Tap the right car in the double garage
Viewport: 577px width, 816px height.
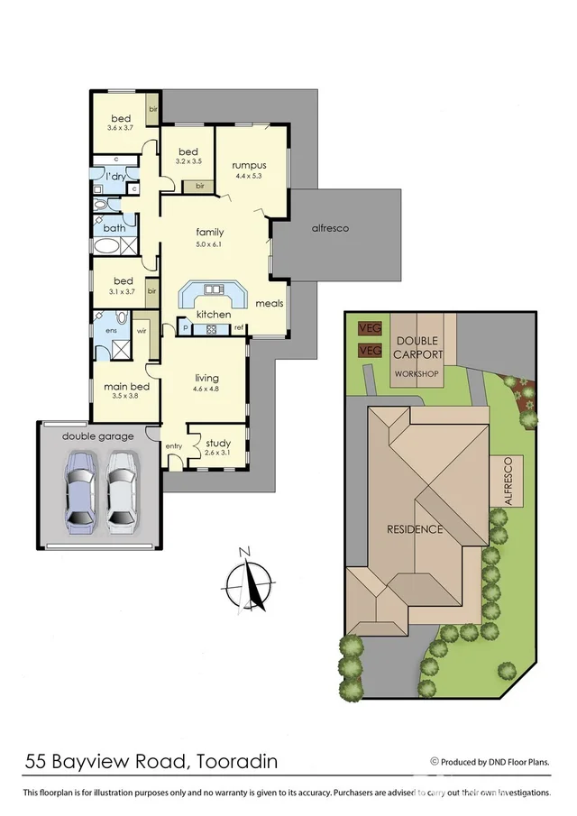(121, 490)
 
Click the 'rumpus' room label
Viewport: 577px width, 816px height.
(248, 165)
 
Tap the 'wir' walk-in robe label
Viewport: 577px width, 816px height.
(142, 332)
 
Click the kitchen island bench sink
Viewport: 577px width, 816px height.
(213, 289)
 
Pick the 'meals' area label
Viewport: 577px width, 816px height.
(269, 303)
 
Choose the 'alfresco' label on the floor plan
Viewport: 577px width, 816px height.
(330, 228)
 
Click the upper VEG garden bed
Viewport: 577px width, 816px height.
(368, 327)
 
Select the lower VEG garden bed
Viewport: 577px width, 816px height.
(368, 350)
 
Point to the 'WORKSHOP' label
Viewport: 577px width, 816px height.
(416, 373)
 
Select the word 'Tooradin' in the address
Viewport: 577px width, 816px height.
(234, 763)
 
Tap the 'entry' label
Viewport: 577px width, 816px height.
(173, 446)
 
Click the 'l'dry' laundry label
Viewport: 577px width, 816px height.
(115, 177)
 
